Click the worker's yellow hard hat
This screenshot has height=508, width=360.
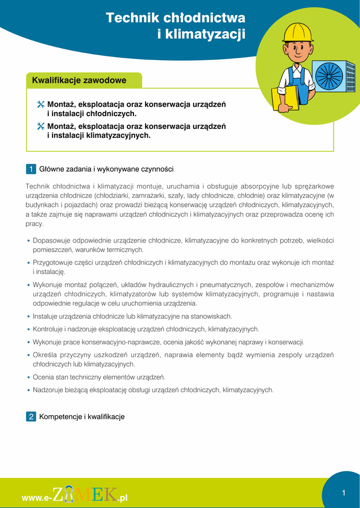pyautogui.click(x=298, y=32)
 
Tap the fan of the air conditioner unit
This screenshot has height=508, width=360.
pyautogui.click(x=329, y=76)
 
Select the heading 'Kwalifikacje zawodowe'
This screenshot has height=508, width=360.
pyautogui.click(x=79, y=80)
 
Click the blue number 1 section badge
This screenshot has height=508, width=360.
pyautogui.click(x=30, y=169)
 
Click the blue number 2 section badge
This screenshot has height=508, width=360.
pyautogui.click(x=30, y=417)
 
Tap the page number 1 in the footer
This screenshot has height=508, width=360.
pyautogui.click(x=343, y=493)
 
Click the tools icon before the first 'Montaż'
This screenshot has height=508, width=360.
pyautogui.click(x=41, y=105)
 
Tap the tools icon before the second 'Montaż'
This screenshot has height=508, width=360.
pyautogui.click(x=41, y=127)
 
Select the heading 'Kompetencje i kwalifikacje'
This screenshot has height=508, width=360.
pyautogui.click(x=82, y=417)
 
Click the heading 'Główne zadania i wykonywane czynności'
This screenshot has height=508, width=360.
pyautogui.click(x=106, y=169)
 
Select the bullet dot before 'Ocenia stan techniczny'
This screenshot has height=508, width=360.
pyautogui.click(x=29, y=378)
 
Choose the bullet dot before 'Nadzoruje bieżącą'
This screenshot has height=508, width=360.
pyautogui.click(x=29, y=390)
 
